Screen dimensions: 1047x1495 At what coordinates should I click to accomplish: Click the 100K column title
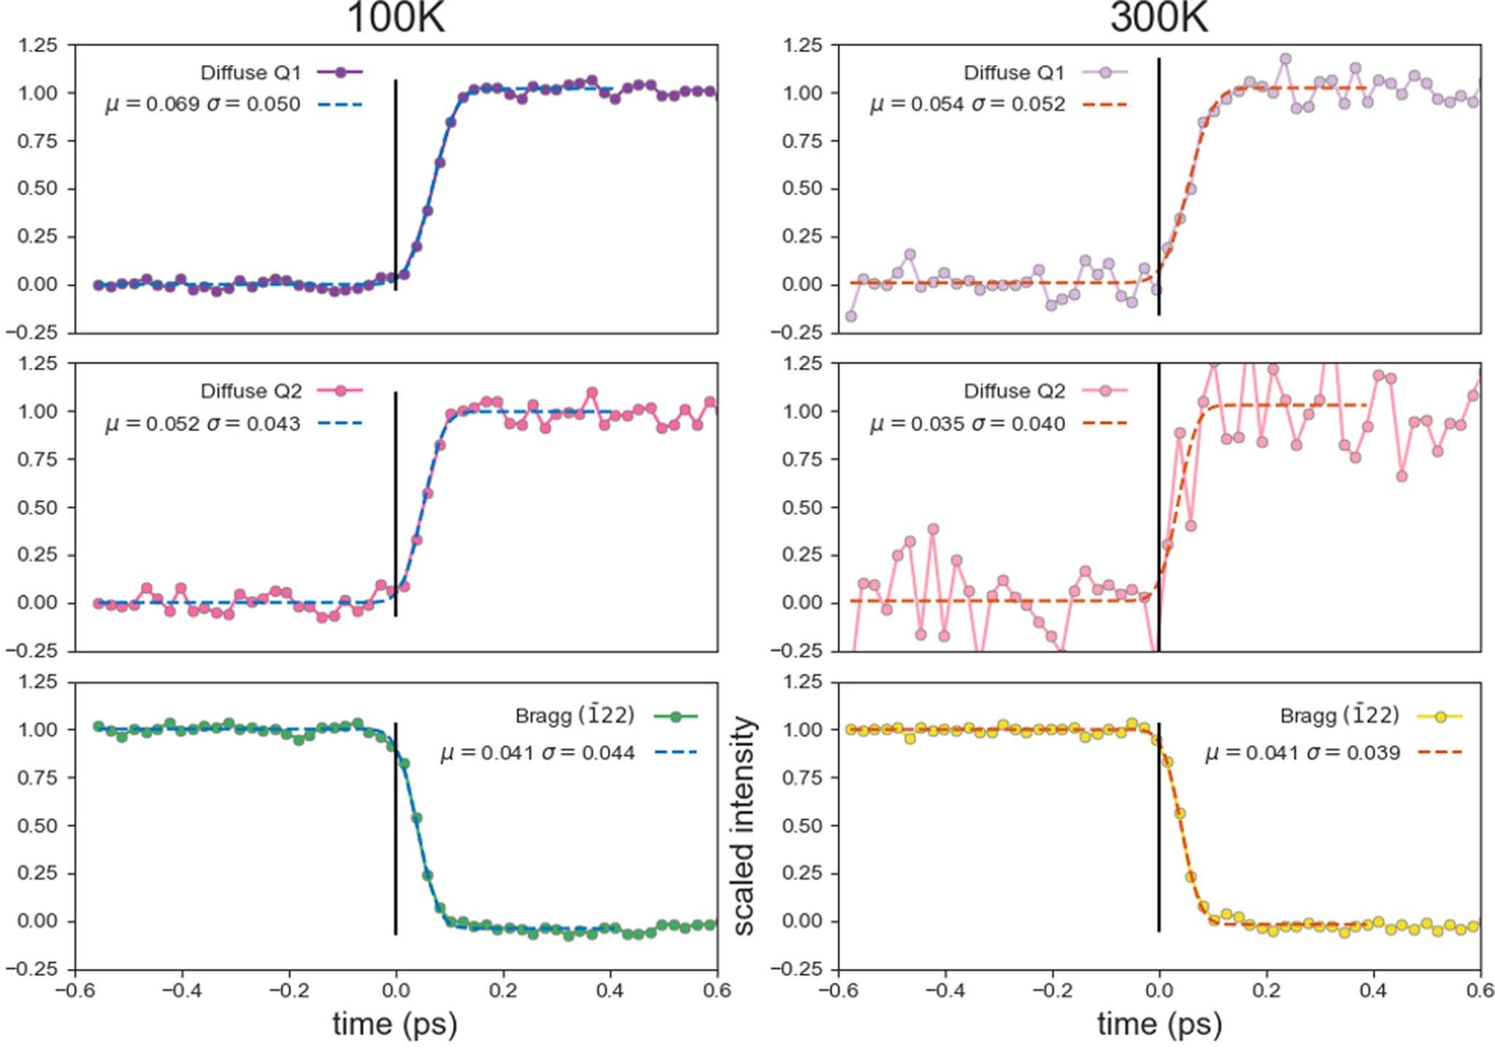[x=395, y=18]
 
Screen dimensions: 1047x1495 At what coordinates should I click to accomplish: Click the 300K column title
[x=1158, y=18]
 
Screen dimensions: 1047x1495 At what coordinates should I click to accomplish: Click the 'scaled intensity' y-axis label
[x=743, y=825]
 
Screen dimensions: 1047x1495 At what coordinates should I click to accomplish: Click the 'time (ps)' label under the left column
[x=395, y=1023]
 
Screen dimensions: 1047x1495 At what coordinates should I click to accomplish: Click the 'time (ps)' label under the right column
[x=1159, y=1023]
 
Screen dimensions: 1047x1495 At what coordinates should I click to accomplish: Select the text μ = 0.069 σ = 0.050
[x=203, y=104]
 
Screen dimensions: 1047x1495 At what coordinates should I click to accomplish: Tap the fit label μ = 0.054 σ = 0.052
[x=967, y=104]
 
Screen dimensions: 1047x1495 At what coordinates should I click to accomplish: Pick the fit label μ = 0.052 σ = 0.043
[x=203, y=423]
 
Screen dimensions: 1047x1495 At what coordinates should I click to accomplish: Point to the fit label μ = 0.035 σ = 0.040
[x=967, y=423]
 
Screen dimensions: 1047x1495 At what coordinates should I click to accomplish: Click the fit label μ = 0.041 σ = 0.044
[x=537, y=753]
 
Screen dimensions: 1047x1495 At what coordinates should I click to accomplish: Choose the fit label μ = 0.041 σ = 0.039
[x=1302, y=753]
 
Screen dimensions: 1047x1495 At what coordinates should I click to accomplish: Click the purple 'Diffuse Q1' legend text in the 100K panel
[x=250, y=73]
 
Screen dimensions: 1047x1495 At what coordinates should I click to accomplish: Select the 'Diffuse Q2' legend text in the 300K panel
[x=1014, y=391]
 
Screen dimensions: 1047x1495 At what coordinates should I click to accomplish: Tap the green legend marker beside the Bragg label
[x=675, y=716]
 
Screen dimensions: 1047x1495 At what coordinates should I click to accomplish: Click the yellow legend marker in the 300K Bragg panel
[x=1440, y=716]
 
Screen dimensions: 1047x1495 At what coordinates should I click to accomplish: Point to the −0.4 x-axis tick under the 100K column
[x=181, y=990]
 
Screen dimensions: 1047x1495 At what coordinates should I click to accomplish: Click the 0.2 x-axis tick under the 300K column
[x=1267, y=990]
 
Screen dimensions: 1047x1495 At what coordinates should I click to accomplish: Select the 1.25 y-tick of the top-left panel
[x=37, y=45]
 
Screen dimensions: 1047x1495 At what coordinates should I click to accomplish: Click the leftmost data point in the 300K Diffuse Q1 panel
[x=850, y=316]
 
